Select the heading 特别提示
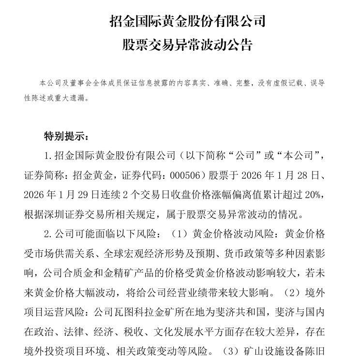64,135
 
